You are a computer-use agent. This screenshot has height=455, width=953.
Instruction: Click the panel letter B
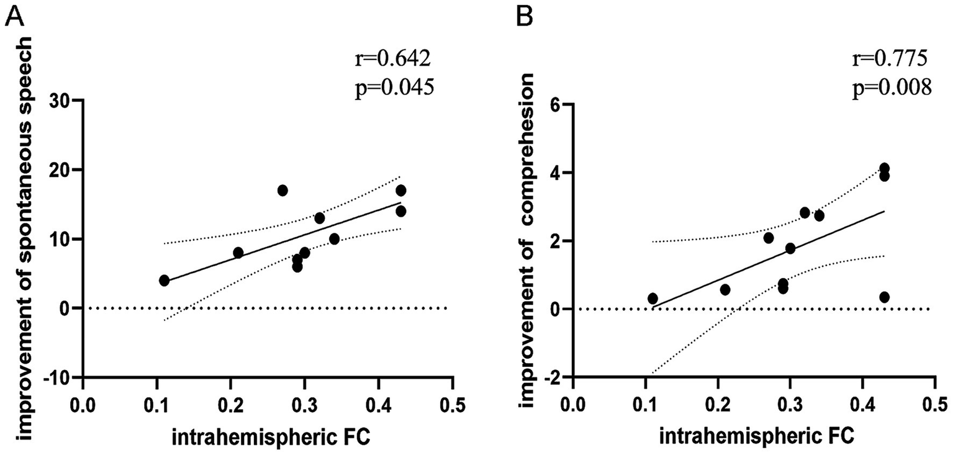525,15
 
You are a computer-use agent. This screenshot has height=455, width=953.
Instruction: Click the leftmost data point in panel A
164,281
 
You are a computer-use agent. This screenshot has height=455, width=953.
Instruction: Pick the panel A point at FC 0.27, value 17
282,191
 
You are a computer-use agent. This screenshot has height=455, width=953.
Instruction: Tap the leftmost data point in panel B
653,299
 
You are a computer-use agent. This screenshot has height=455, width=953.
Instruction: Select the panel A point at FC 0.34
334,239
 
